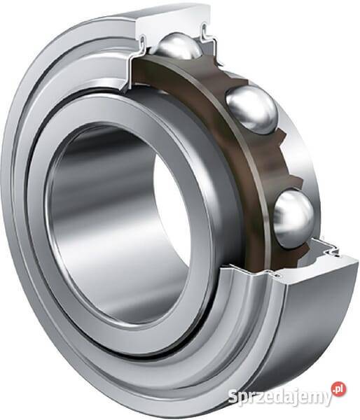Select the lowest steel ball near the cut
point(293,216)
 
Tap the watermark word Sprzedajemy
point(279,397)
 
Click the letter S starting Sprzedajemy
point(234,396)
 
